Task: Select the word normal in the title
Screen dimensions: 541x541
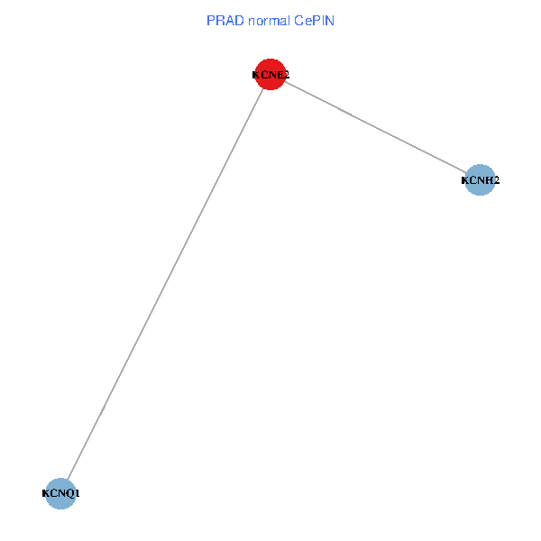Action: [x=266, y=20]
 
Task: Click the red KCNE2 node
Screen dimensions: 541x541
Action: [x=270, y=75]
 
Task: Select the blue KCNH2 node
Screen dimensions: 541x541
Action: [x=480, y=180]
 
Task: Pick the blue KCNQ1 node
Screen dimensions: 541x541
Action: [x=60, y=493]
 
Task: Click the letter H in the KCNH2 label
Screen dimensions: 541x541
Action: [x=489, y=181]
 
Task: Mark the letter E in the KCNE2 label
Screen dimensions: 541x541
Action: [x=280, y=76]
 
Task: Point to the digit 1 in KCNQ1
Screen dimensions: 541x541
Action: [x=78, y=494]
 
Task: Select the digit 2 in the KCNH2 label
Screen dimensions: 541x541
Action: [x=496, y=181]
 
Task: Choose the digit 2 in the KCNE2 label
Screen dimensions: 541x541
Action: [x=286, y=76]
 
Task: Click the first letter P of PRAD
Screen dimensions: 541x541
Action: [x=212, y=20]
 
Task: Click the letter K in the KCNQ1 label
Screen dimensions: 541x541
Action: [x=46, y=494]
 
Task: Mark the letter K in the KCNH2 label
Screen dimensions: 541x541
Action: [x=465, y=181]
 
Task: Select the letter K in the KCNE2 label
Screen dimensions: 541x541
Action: [x=256, y=76]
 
